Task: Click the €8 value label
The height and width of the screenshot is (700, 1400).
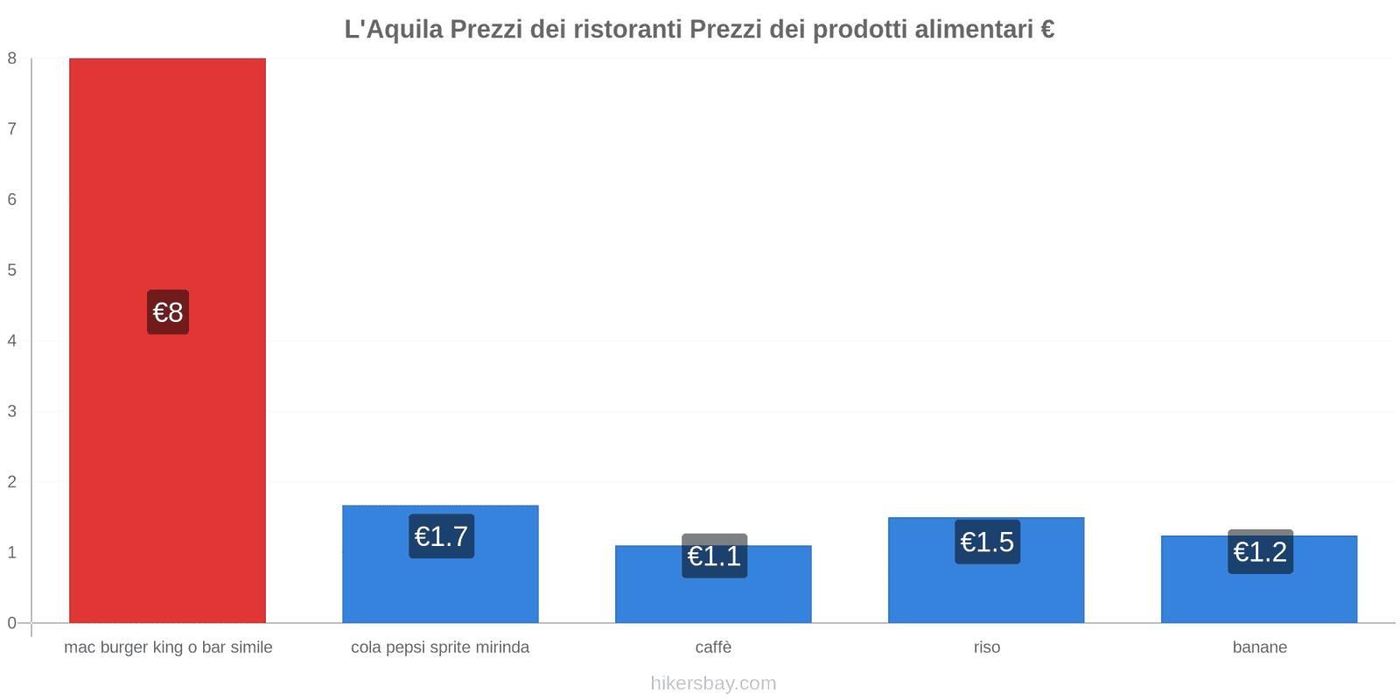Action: [x=168, y=312]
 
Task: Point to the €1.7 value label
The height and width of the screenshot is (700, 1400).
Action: [x=441, y=536]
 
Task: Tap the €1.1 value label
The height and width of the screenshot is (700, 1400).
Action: [x=714, y=556]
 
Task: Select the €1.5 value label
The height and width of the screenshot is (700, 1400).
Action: [x=987, y=542]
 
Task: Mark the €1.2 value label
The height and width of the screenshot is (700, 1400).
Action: [x=1260, y=552]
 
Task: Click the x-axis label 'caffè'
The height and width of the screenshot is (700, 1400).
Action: [x=713, y=647]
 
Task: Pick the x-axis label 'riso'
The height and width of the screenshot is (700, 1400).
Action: [x=986, y=647]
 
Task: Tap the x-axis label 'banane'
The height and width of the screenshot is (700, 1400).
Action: [x=1259, y=647]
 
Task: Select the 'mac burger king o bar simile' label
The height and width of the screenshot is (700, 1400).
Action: [x=168, y=647]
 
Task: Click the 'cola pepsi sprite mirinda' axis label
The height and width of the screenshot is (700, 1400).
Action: [x=440, y=647]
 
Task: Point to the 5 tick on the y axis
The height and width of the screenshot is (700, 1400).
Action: [x=12, y=270]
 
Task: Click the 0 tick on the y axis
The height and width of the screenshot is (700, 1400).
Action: [x=12, y=623]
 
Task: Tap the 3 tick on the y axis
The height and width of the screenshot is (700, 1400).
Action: [x=12, y=411]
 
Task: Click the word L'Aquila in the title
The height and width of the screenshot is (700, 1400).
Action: [x=394, y=30]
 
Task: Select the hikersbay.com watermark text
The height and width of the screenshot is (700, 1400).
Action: [x=713, y=683]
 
